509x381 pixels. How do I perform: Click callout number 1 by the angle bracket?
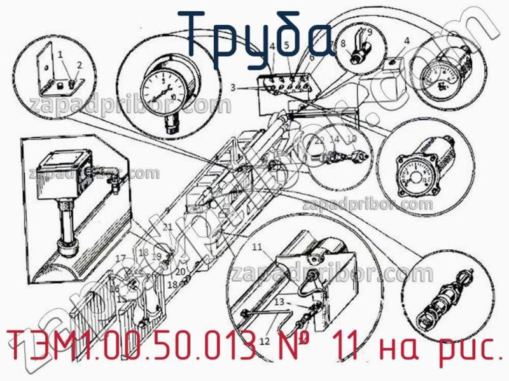coord(61,55)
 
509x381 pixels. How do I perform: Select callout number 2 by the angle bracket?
coord(80,65)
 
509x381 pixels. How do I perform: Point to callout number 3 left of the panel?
coord(234,87)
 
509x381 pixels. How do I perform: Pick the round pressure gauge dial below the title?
coord(165,89)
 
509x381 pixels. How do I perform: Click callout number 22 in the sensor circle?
coord(320,139)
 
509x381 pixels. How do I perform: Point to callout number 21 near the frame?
coord(167,227)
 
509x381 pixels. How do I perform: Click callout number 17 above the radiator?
coord(120,258)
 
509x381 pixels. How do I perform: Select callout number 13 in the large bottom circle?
coord(279,302)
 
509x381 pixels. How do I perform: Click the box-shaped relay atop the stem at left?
coord(64,172)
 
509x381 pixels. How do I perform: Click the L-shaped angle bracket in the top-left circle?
coord(57,73)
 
